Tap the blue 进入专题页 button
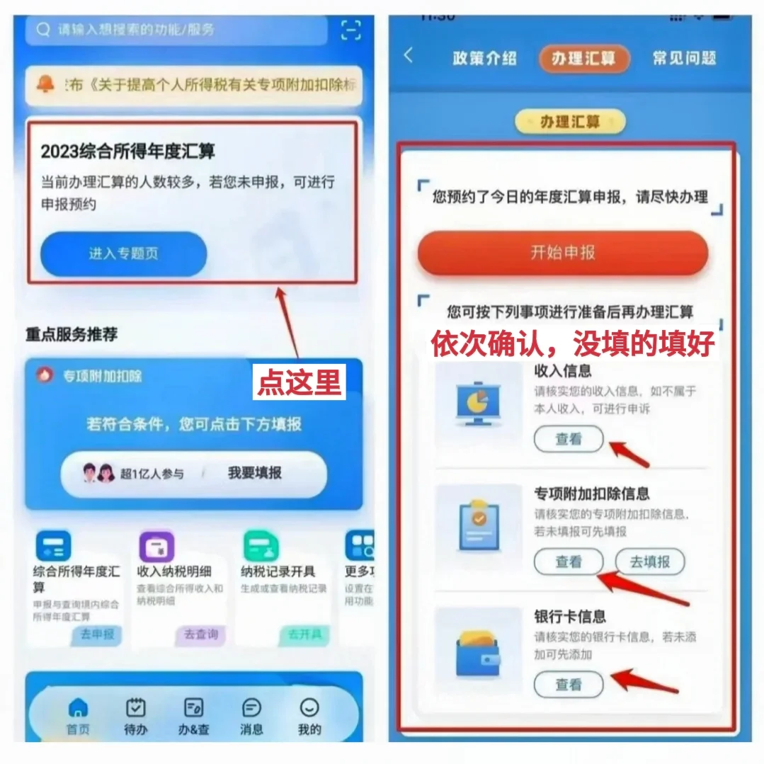(x=123, y=253)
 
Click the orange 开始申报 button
(x=563, y=252)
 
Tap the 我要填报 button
(x=254, y=473)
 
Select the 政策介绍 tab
(x=484, y=59)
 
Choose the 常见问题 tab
(x=684, y=59)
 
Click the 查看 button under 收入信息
(x=569, y=439)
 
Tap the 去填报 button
(x=650, y=561)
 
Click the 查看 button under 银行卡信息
(x=569, y=684)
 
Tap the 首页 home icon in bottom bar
(x=78, y=708)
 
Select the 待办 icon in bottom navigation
(x=135, y=708)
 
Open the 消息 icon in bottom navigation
(x=251, y=708)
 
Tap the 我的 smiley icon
(x=309, y=708)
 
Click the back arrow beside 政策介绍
(x=409, y=56)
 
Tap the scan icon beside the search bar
(x=350, y=30)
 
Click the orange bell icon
(x=46, y=84)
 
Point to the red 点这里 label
(x=299, y=382)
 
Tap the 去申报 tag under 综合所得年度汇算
(x=97, y=634)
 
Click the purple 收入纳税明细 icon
(x=157, y=547)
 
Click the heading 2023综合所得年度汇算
(x=127, y=151)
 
